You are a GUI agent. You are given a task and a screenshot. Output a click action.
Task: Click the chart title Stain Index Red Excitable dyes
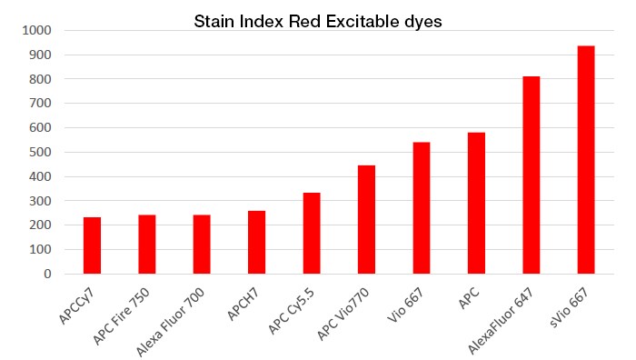(318, 21)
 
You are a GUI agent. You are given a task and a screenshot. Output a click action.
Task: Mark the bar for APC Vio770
(366, 219)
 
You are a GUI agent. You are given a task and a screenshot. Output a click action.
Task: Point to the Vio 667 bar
(422, 207)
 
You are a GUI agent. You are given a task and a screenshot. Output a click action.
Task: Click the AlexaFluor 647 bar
(532, 175)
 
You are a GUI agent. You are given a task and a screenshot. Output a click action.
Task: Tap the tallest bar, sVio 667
(586, 159)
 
